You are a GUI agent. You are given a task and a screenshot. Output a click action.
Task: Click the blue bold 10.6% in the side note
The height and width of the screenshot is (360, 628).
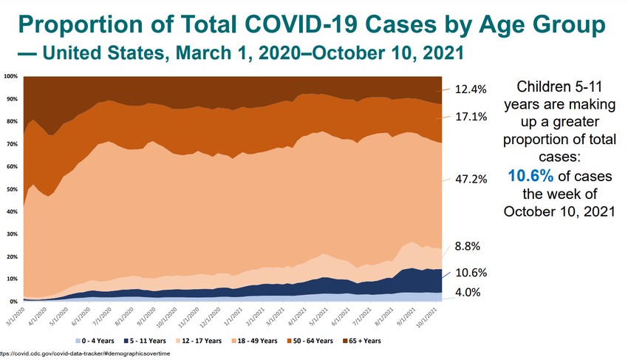[x=531, y=175]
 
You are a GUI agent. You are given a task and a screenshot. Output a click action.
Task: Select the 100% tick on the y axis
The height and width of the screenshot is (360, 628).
[x=10, y=76]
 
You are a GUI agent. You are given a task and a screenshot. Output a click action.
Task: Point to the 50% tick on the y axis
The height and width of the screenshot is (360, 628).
[x=11, y=189]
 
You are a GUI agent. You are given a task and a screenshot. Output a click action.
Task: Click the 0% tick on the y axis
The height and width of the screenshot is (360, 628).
[x=13, y=302]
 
